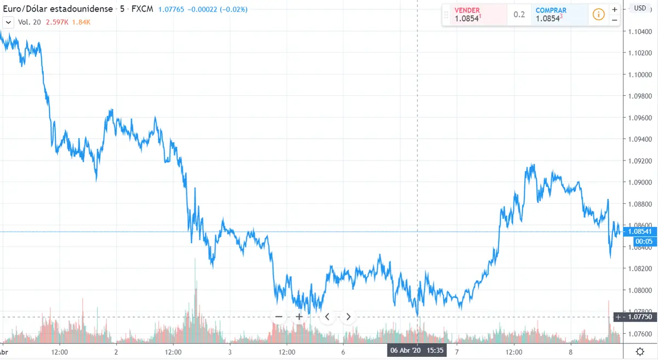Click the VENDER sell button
(474, 14)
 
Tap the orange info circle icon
(599, 14)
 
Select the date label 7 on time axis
(456, 352)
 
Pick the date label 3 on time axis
(230, 352)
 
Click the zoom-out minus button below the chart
(279, 316)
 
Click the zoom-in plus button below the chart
(299, 316)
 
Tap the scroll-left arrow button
(327, 316)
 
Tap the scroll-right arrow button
(348, 316)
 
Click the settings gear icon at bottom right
(640, 351)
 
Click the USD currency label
(639, 8)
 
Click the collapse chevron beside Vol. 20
(8, 22)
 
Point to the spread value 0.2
(519, 15)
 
